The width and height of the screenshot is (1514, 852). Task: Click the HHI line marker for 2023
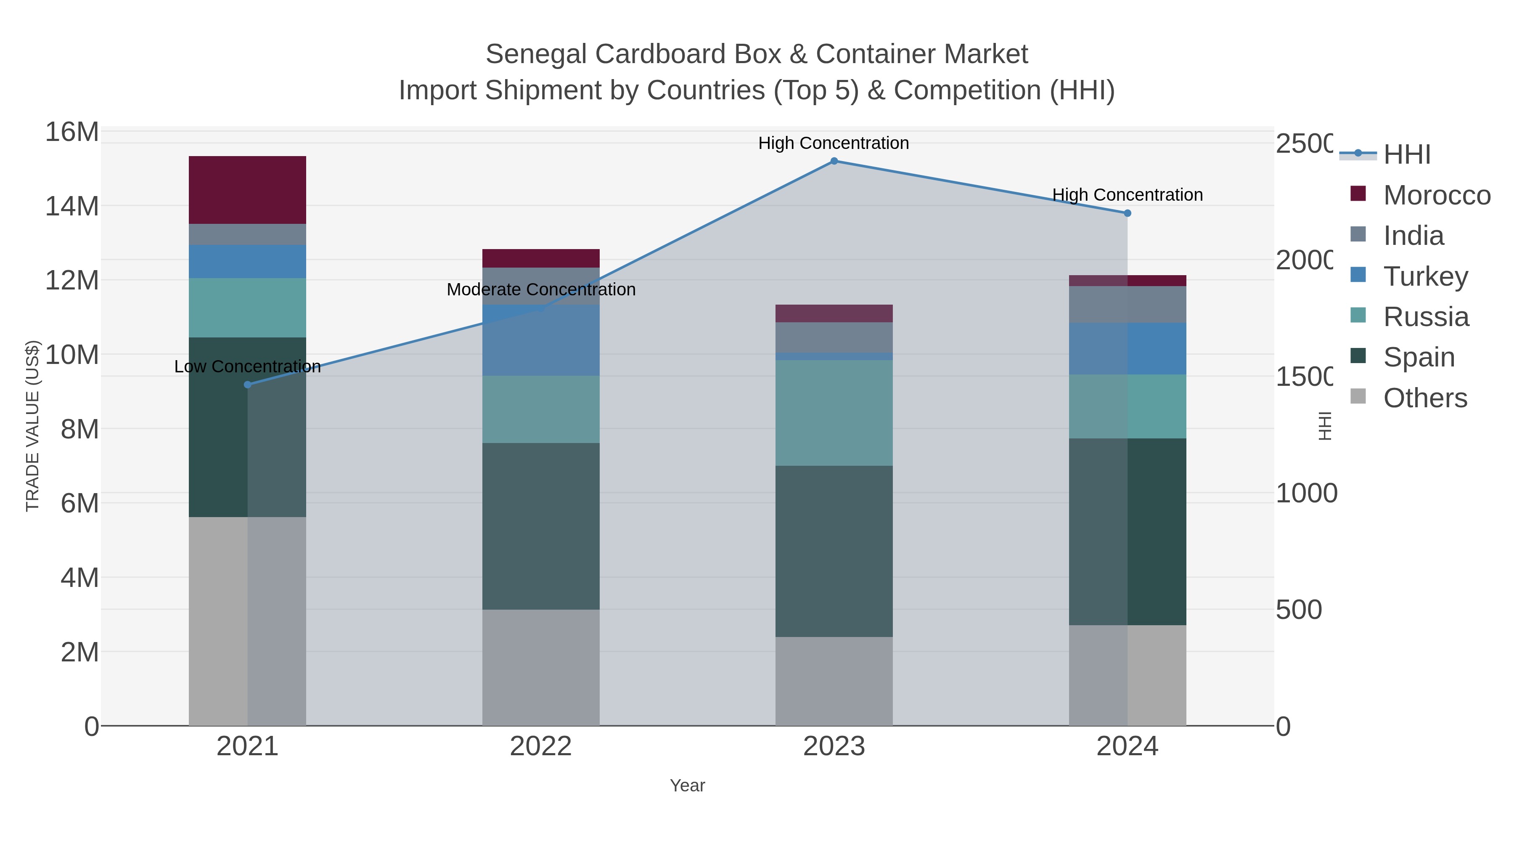click(x=834, y=161)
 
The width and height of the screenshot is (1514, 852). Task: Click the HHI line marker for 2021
click(x=247, y=385)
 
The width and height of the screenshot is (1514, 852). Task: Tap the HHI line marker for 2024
click(x=1127, y=213)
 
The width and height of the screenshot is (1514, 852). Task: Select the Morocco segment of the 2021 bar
click(x=247, y=189)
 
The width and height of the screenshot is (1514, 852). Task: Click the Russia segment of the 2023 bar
click(x=834, y=413)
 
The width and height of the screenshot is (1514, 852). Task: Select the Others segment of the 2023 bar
click(x=834, y=681)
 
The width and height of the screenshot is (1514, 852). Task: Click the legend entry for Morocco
click(x=1437, y=195)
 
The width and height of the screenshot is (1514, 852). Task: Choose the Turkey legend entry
click(x=1425, y=276)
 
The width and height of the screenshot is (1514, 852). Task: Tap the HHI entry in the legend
click(x=1406, y=155)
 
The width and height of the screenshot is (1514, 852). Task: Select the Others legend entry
click(x=1425, y=398)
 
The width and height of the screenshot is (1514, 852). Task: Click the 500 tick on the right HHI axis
click(x=1298, y=610)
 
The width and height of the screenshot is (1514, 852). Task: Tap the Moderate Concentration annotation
click(x=541, y=289)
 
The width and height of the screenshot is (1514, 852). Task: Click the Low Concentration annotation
click(x=247, y=366)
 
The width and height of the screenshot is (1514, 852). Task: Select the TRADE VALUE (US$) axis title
click(x=32, y=426)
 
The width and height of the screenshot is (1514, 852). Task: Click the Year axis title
click(x=687, y=786)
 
